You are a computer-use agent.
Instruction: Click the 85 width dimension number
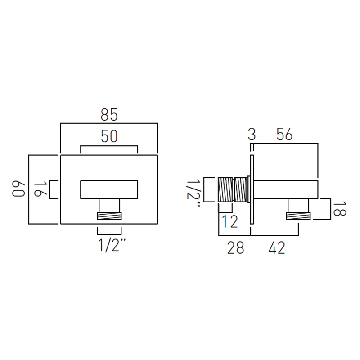[x=109, y=115]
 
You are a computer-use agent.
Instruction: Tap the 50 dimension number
[x=109, y=136]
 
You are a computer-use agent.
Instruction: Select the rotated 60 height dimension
[x=18, y=189]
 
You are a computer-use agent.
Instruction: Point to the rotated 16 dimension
[x=40, y=189]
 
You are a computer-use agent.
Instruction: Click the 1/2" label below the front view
[x=112, y=245]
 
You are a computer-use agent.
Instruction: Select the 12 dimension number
[x=230, y=222]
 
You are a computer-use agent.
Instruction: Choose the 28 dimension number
[x=235, y=248]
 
